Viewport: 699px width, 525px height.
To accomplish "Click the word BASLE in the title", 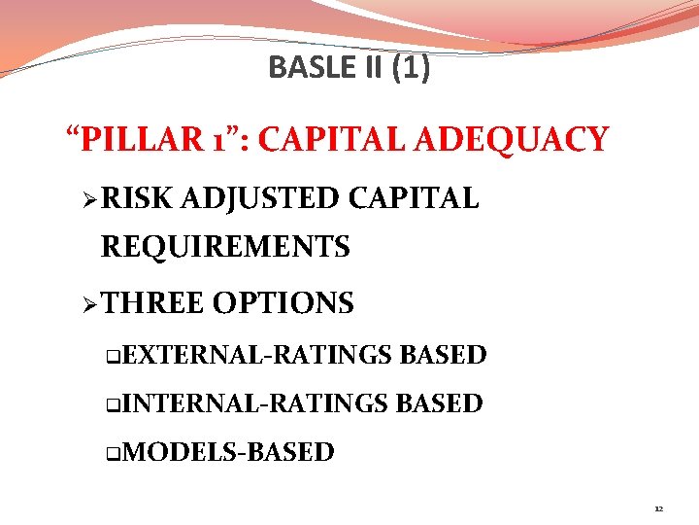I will point(300,67).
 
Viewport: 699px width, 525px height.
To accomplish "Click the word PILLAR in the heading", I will point(139,140).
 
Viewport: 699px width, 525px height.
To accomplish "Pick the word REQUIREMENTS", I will point(225,247).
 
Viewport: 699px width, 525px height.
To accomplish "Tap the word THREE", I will point(152,303).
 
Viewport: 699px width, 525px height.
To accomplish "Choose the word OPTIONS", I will point(283,303).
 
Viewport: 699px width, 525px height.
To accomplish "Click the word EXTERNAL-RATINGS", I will point(257,355).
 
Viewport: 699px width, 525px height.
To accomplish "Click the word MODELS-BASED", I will point(229,452).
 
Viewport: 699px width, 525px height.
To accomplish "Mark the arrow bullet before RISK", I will point(89,200).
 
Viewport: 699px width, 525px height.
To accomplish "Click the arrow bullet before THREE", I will point(89,304).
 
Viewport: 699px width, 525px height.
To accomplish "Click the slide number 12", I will point(658,508).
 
